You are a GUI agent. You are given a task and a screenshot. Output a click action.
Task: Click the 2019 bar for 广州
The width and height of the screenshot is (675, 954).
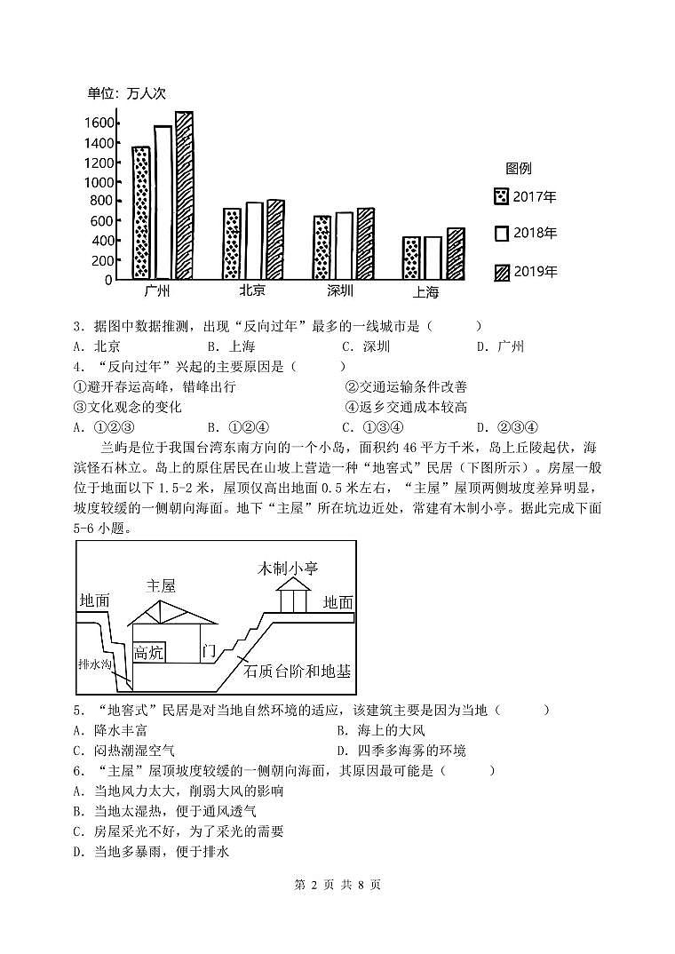[184, 195]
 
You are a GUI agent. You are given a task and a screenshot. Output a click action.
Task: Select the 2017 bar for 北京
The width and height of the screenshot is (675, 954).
[232, 243]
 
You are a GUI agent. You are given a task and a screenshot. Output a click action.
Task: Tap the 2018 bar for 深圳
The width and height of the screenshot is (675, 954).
[344, 245]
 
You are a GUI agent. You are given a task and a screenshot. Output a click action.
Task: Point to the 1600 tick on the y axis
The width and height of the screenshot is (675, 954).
[99, 123]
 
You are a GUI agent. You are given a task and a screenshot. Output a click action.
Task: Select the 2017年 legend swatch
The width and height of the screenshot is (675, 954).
[502, 197]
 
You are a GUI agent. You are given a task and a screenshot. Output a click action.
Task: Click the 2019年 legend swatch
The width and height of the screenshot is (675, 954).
[502, 272]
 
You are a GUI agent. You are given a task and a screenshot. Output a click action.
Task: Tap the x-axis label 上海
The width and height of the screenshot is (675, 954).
[425, 292]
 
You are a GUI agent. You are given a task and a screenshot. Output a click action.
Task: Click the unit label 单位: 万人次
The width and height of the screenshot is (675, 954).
[127, 93]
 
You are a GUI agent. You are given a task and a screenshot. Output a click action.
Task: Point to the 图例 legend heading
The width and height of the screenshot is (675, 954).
[519, 169]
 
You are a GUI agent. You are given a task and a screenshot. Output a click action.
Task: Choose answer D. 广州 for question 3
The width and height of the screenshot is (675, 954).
[501, 346]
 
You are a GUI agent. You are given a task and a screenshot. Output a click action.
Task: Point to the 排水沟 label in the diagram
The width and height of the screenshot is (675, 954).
[93, 664]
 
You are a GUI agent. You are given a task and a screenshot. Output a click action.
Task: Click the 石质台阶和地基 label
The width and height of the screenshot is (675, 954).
[297, 671]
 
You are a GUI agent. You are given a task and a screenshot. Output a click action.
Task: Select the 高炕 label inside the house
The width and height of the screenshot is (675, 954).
[148, 653]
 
